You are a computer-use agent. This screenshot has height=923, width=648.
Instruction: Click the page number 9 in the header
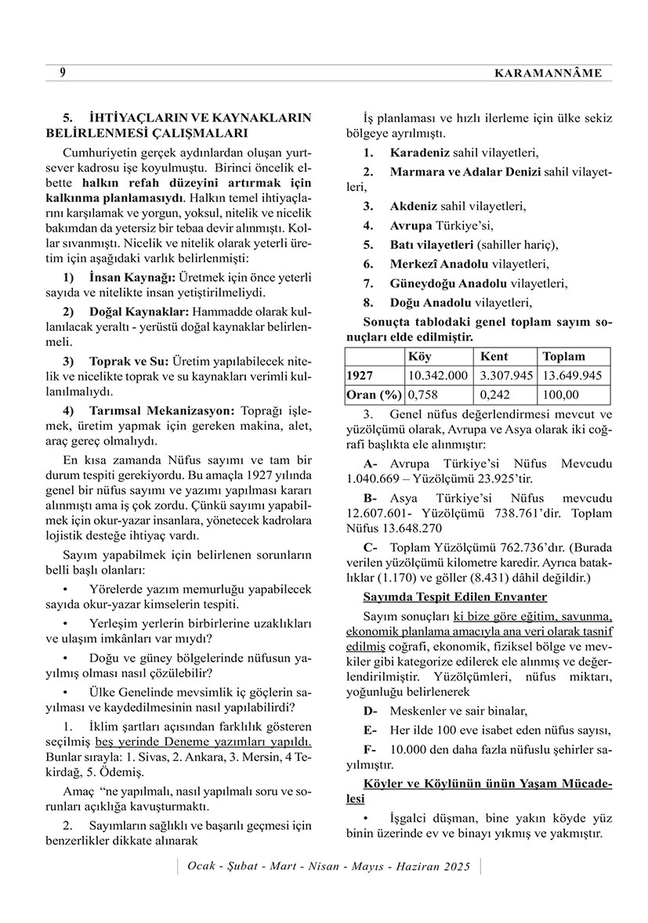tap(62, 73)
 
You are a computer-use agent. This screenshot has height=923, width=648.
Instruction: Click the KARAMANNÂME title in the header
tap(548, 73)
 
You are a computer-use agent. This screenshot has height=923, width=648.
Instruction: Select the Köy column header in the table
tap(419, 356)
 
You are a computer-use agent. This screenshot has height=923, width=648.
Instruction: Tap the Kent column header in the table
tap(494, 356)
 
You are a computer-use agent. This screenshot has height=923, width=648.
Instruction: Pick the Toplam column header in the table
tap(563, 356)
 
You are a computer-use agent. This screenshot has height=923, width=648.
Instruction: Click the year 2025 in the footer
tap(454, 867)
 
